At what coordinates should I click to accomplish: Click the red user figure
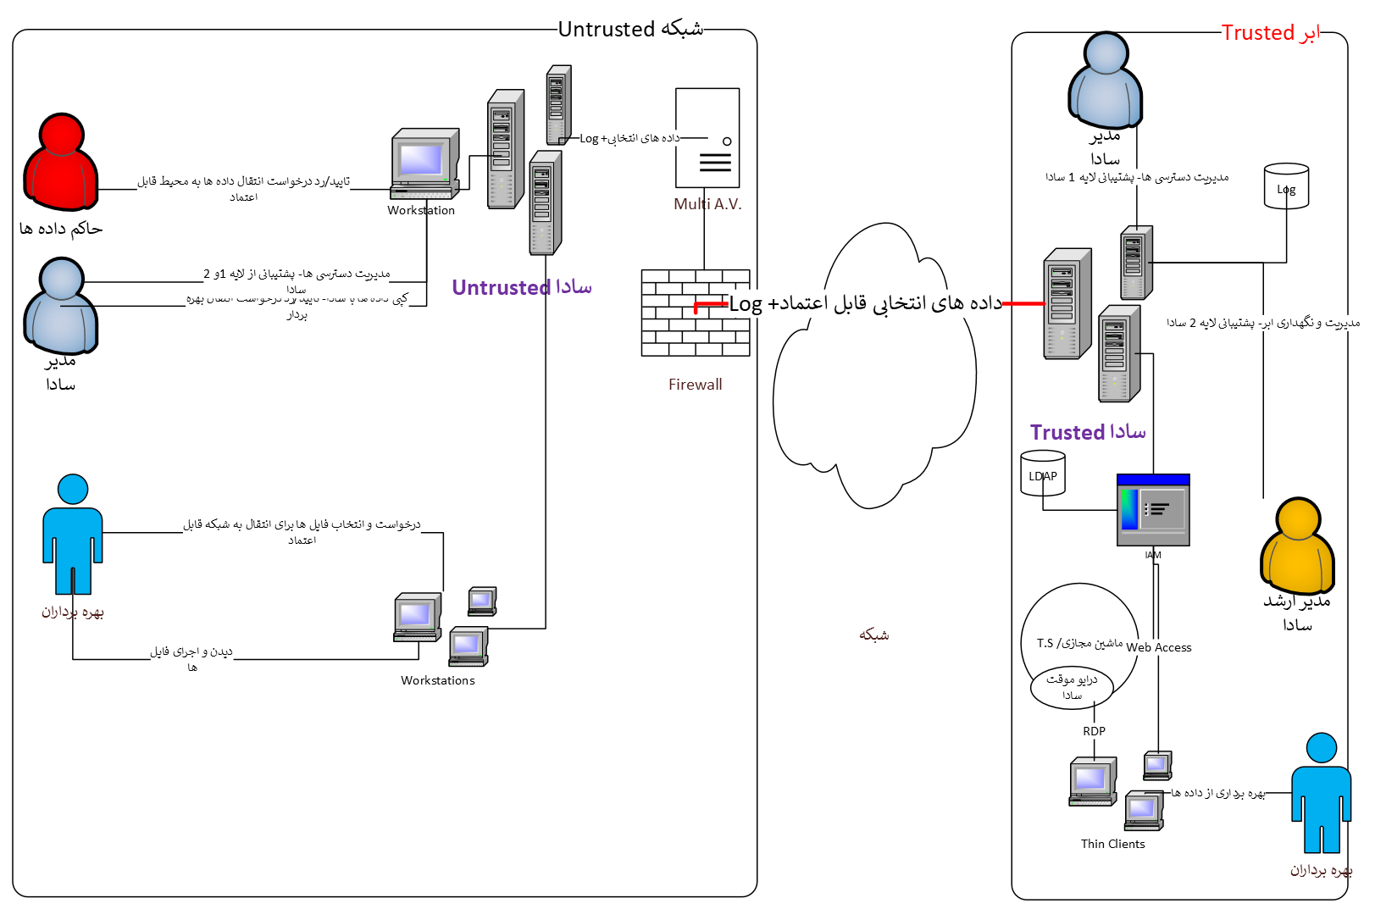point(61,163)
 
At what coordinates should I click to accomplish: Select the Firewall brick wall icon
point(696,313)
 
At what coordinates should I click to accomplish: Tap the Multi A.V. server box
point(707,138)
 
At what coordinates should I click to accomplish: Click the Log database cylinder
point(1286,186)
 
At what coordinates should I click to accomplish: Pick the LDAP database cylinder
point(1043,474)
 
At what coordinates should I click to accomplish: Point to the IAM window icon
point(1153,510)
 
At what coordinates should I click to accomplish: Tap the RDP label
point(1094,731)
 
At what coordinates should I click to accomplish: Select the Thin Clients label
point(1112,844)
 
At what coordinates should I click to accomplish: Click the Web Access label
point(1159,647)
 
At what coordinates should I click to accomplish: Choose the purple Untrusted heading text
point(521,288)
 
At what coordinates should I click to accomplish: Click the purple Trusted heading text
point(1088,433)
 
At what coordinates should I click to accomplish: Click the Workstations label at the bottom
point(437,680)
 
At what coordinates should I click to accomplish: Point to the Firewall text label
point(695,385)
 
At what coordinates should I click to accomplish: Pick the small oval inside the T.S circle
point(1072,686)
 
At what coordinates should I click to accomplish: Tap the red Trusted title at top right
point(1271,33)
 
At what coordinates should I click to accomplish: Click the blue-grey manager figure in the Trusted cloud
point(1105,81)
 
